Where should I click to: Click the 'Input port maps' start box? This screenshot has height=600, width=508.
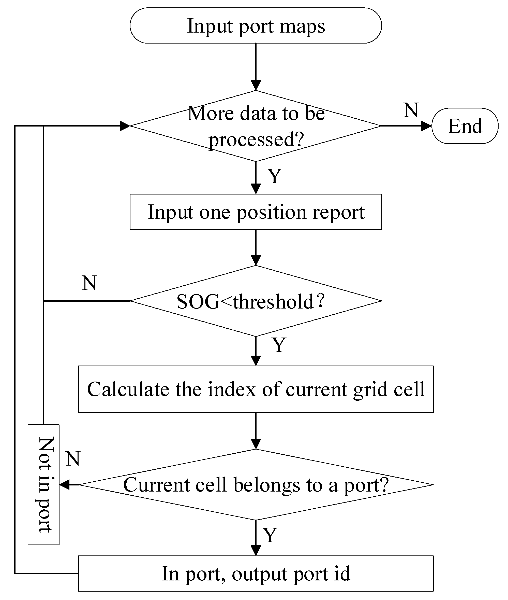[x=256, y=26]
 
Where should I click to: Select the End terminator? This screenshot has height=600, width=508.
[x=465, y=126]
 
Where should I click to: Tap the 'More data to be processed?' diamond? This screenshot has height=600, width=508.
[x=256, y=126]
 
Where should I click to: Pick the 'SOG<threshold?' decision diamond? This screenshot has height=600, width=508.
[x=256, y=301]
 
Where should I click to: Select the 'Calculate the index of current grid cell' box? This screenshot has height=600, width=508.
[x=256, y=389]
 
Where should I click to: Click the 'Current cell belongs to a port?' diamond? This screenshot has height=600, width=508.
[x=256, y=485]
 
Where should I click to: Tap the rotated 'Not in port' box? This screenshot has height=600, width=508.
[x=43, y=485]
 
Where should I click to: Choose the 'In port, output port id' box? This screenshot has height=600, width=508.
[x=256, y=574]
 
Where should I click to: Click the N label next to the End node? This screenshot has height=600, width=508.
[x=411, y=110]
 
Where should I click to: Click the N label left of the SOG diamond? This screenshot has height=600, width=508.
[x=89, y=283]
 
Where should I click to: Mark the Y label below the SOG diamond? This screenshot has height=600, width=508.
[x=279, y=345]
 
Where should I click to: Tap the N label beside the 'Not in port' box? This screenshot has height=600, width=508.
[x=73, y=459]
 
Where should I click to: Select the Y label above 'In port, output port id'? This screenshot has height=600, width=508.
[x=270, y=535]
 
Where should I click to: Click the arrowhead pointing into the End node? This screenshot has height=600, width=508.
[x=426, y=126]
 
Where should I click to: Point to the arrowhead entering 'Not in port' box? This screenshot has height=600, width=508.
[x=65, y=485]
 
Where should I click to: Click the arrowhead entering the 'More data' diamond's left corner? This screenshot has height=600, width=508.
[x=125, y=126]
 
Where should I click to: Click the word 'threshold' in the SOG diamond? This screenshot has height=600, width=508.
[x=273, y=302]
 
